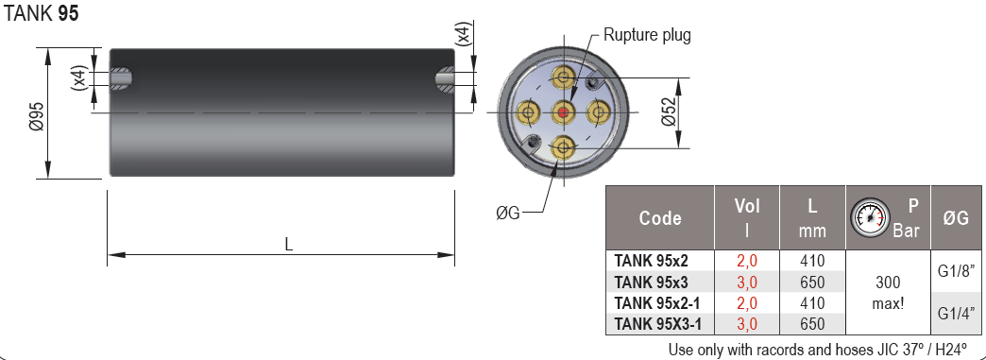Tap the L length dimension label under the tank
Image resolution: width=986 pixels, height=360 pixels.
[x=289, y=244]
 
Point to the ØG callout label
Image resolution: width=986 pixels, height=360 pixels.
[x=507, y=212]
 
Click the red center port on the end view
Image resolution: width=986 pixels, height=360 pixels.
[x=564, y=113]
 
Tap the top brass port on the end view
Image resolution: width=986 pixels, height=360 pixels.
[x=564, y=77]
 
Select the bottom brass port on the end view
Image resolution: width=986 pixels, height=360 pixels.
[x=564, y=147]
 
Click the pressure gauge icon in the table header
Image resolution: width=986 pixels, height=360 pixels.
[x=868, y=217]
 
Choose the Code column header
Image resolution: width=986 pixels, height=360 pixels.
[x=660, y=218]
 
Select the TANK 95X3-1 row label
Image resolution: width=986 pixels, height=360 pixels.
[x=658, y=323]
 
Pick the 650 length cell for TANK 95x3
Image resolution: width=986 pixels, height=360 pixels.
[x=812, y=282]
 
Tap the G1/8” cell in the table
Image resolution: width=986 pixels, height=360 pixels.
[x=956, y=271]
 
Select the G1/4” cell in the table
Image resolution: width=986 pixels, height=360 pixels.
[x=956, y=313]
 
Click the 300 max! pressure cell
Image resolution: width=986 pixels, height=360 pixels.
[x=888, y=292]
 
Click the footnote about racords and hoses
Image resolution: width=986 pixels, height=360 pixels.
[x=817, y=349]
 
